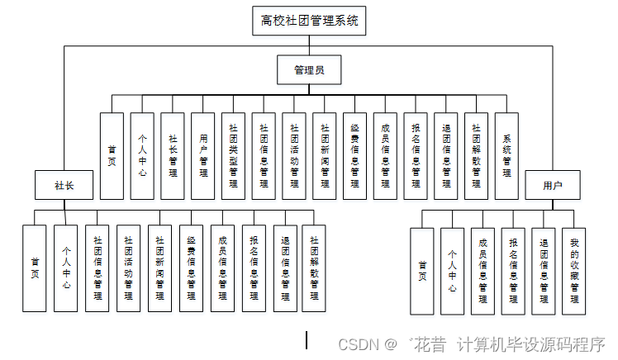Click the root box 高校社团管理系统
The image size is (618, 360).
tap(309, 21)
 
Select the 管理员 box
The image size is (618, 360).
tap(309, 70)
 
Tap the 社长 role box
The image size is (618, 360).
tap(64, 185)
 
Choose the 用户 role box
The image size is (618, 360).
tap(553, 185)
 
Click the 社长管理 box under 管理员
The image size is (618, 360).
tap(173, 156)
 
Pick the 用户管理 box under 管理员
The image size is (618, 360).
tap(203, 156)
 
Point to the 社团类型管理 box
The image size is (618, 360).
tap(233, 156)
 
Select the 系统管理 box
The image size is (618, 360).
tap(506, 156)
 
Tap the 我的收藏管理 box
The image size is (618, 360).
tap(574, 271)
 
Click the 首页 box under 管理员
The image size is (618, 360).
tap(112, 156)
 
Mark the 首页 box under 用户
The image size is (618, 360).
tap(422, 271)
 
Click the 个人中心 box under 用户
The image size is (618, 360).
tap(452, 271)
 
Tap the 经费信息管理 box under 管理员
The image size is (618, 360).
tap(354, 156)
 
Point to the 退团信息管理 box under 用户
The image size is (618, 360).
tap(544, 271)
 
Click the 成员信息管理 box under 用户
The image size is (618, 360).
tap(483, 271)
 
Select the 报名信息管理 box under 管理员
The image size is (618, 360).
tap(416, 156)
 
